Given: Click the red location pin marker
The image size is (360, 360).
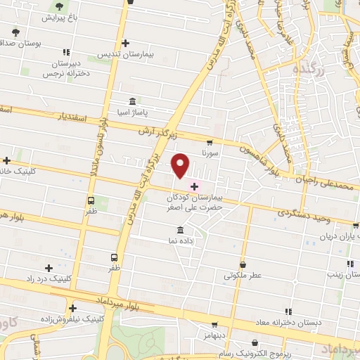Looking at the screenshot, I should tap(181, 165).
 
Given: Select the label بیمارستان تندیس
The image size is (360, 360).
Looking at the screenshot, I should tap(124, 54).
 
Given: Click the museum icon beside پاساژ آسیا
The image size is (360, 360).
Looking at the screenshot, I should tap(133, 101).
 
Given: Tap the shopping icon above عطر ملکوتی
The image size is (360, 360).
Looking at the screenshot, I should tap(243, 264).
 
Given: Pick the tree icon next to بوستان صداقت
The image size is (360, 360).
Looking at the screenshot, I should tap(15, 32).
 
